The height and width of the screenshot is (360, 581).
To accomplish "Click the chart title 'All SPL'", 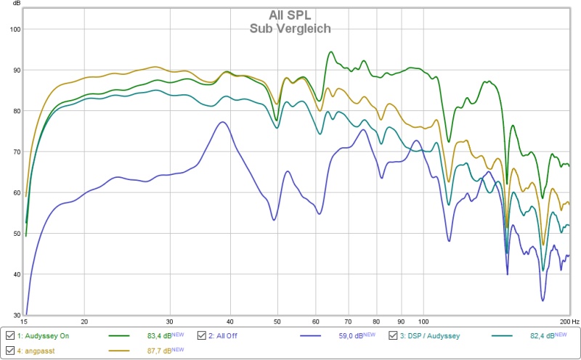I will coord(290,15).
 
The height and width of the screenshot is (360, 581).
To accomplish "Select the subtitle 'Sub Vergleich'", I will coord(290,29).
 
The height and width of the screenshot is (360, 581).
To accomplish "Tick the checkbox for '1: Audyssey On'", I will coord(9,336).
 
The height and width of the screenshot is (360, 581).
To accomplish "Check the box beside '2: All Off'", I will coord(202,336).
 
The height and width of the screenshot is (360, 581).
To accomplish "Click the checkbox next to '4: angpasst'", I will coord(9,351).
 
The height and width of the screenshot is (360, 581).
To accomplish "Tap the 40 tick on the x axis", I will coord(230,322).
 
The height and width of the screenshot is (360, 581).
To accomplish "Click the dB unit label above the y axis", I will coord(16,4).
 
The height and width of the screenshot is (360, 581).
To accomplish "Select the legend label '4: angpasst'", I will coord(36,351).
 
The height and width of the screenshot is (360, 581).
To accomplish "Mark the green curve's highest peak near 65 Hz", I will coord(330,52).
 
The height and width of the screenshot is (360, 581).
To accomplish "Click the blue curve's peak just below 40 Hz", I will coord(223,122).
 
